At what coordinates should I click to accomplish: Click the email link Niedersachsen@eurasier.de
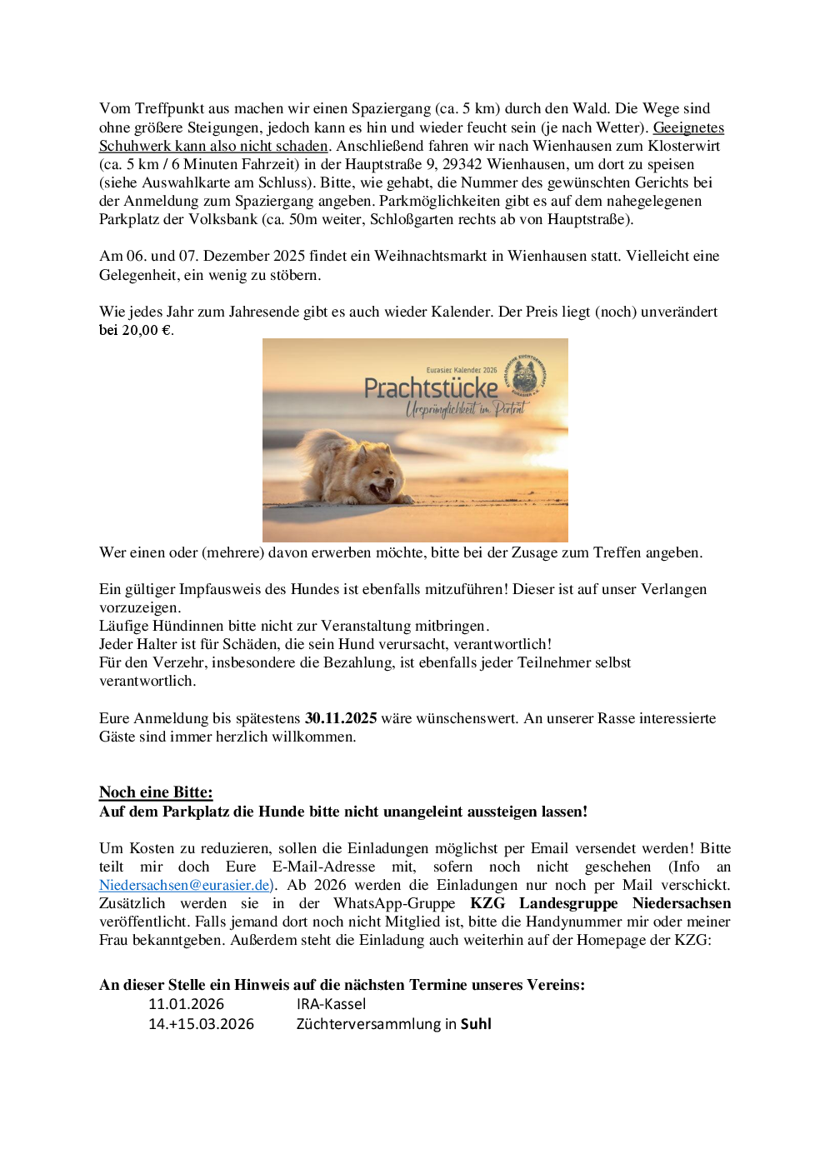(184, 885)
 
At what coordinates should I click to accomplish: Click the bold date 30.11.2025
(341, 718)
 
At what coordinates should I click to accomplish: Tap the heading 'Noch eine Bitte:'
(156, 792)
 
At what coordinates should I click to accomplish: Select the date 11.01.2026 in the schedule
(186, 1004)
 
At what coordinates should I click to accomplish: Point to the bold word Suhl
(476, 1024)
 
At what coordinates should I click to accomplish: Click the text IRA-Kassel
(331, 1004)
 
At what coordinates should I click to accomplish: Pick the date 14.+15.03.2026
(201, 1024)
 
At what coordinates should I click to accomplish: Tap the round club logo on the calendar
(524, 377)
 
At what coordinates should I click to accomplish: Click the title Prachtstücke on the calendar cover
(431, 389)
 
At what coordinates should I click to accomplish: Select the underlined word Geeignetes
(688, 127)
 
